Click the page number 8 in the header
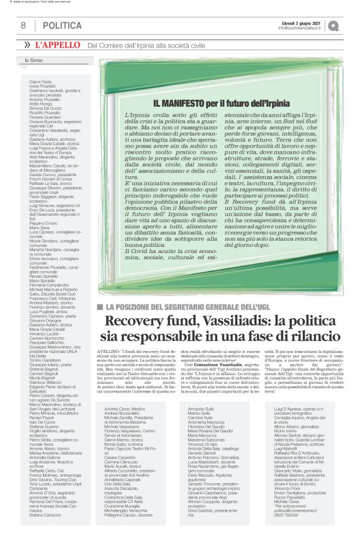click(x=23, y=25)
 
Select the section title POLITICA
click(x=62, y=25)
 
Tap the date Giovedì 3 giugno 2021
click(x=300, y=22)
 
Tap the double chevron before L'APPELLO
click(x=27, y=45)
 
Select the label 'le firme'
click(x=34, y=61)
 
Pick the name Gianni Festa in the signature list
click(x=40, y=81)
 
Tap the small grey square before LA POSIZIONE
click(x=100, y=307)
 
